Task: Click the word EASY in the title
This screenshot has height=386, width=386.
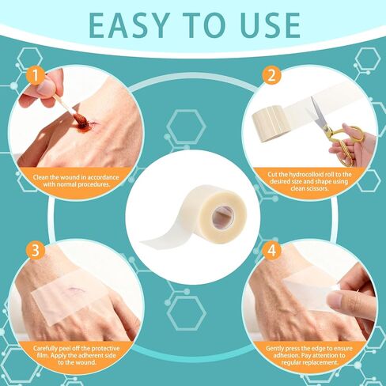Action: [130, 25]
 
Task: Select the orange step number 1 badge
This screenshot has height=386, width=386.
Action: [36, 76]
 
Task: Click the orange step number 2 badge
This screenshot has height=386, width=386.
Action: [271, 75]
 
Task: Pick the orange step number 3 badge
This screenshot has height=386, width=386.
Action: [36, 250]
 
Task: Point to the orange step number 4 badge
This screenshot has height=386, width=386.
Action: [271, 250]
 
